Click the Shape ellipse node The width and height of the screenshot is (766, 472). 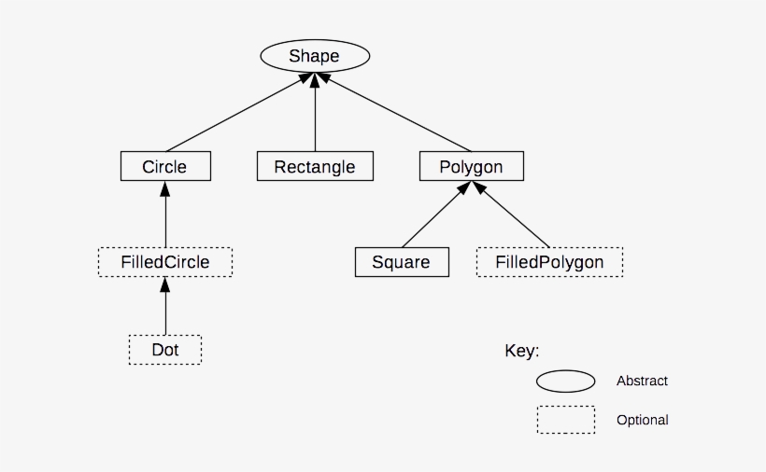[x=314, y=56]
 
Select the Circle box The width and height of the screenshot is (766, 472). [x=165, y=167]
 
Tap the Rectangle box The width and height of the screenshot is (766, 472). [x=315, y=167]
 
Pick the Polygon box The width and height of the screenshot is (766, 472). [x=471, y=167]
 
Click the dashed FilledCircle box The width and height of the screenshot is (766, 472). [x=165, y=262]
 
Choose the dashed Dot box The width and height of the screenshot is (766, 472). [x=165, y=350]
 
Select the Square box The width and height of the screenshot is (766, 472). [x=402, y=262]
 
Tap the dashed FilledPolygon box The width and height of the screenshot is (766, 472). [x=549, y=262]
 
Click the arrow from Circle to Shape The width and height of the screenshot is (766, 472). [x=234, y=114]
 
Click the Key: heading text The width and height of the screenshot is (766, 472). [x=522, y=351]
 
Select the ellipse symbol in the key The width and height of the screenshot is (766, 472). [x=565, y=382]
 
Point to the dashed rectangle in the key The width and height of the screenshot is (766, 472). [x=565, y=420]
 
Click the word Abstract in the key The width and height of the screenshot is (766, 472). [x=642, y=381]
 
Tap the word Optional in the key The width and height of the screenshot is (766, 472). [x=642, y=420]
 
